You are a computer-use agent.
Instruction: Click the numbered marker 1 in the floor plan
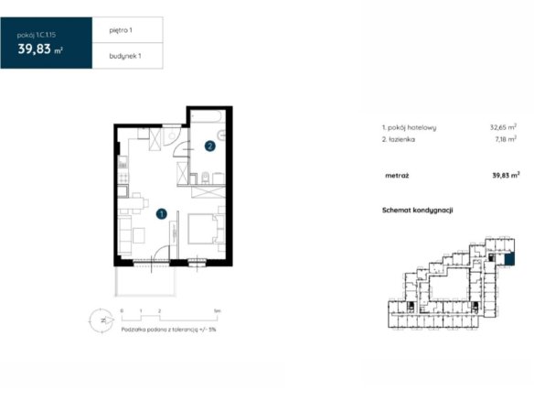click(162, 214)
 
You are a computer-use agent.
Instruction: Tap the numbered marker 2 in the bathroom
click(209, 146)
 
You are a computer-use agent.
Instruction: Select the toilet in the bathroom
click(205, 178)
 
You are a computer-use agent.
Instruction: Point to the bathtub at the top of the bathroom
click(208, 116)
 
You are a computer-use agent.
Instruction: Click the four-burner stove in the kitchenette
click(123, 177)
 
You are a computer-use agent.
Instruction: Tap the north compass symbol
click(101, 320)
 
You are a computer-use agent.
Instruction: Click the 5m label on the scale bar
click(218, 310)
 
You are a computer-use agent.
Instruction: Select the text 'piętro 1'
click(121, 30)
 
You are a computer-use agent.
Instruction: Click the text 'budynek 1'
click(125, 56)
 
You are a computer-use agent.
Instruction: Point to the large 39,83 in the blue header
click(35, 49)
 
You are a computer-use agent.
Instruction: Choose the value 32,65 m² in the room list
click(503, 127)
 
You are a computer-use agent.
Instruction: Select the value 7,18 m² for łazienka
click(506, 139)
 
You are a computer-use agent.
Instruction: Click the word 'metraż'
click(397, 176)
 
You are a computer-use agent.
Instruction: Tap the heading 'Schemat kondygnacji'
click(418, 210)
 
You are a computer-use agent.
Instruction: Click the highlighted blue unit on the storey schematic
click(509, 259)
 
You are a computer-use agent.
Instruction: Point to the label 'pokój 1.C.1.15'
click(37, 35)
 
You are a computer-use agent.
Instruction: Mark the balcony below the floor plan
click(145, 281)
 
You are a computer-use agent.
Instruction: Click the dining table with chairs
click(133, 203)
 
